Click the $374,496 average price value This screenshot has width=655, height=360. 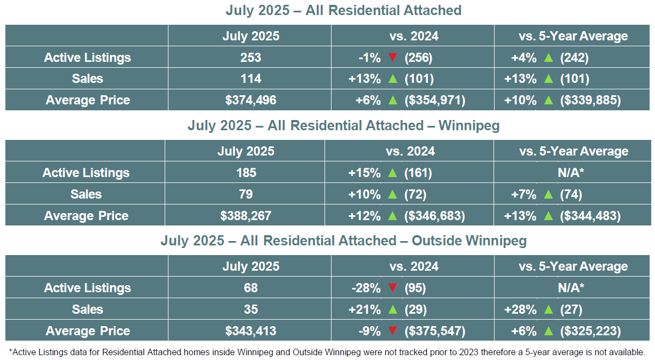(251, 100)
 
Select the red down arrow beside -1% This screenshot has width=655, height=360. (392, 58)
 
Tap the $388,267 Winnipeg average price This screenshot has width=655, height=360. (246, 216)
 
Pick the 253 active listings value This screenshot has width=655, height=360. (251, 58)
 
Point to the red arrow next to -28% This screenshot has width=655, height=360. (392, 288)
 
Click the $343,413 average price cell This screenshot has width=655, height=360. (251, 331)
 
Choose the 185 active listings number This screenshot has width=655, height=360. (246, 173)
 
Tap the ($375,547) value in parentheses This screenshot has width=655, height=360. (435, 331)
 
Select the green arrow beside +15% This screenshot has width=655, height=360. (392, 173)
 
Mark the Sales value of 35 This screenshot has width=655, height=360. (251, 309)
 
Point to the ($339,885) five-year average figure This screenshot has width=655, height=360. (590, 100)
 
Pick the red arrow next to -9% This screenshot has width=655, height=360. (392, 331)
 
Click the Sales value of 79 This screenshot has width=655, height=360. (246, 194)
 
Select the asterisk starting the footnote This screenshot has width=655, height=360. (11, 351)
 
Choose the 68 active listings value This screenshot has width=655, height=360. (251, 288)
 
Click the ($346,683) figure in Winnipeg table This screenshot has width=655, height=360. (435, 216)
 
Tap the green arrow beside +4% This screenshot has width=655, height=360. (548, 58)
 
